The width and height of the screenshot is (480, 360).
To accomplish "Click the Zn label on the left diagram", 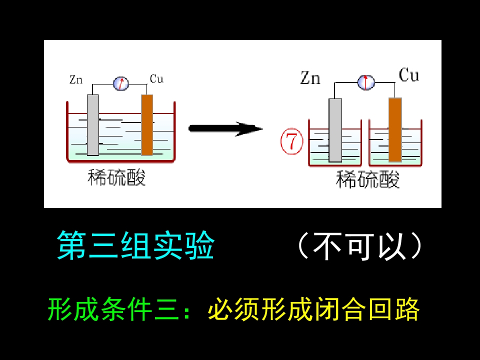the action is click(x=76, y=80).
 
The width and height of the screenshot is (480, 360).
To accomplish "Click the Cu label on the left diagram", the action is click(x=156, y=79).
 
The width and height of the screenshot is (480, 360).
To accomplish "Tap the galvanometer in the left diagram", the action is click(x=121, y=83).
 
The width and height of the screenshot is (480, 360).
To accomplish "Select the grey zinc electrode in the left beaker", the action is click(x=93, y=125).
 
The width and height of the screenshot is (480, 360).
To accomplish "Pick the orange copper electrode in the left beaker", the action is click(x=147, y=125).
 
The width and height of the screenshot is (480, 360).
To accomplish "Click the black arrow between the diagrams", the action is click(x=225, y=128).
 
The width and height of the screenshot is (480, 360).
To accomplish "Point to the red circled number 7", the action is click(x=291, y=141).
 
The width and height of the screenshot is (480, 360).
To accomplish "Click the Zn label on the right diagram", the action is click(x=310, y=77).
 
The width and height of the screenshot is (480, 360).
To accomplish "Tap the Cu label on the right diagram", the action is click(x=409, y=75).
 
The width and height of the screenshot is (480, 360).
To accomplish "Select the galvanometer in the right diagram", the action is click(x=366, y=82).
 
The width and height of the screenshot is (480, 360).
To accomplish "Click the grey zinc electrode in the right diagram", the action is click(x=335, y=130).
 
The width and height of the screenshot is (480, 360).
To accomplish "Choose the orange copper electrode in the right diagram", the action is click(x=395, y=129).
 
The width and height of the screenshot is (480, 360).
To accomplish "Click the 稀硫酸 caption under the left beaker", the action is click(x=116, y=177).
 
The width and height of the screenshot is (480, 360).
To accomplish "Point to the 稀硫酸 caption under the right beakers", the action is click(x=367, y=179).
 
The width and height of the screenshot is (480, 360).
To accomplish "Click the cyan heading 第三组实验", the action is click(x=135, y=245).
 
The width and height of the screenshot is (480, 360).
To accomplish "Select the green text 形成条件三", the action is click(x=114, y=309).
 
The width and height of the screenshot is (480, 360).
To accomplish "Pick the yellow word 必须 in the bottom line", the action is click(x=234, y=309).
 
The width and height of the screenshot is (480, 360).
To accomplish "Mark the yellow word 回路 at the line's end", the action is click(x=393, y=309).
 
